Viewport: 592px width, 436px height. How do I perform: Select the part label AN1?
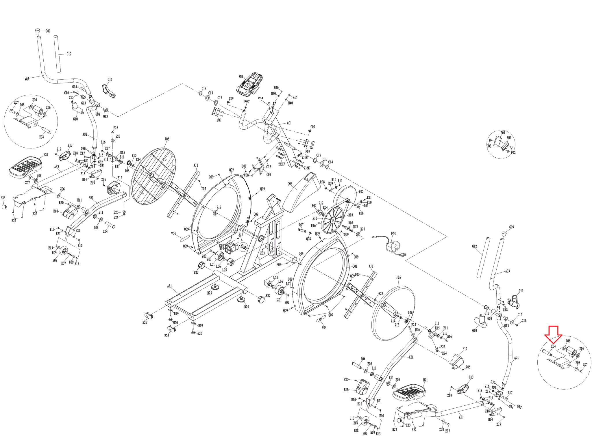click(241, 77)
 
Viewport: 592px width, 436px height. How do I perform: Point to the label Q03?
click(290, 184)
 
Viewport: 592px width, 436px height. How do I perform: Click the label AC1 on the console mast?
click(289, 123)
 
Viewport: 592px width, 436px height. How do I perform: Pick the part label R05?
click(361, 191)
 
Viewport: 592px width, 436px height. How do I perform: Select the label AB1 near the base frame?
click(169, 286)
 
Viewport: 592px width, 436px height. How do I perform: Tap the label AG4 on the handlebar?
click(27, 79)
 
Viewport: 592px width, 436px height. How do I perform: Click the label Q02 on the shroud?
click(231, 170)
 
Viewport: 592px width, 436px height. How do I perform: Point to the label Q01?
click(355, 266)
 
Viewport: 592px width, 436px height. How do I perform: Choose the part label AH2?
click(57, 167)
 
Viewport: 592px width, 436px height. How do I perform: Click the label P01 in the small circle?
click(503, 133)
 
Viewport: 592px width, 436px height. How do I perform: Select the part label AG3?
click(507, 271)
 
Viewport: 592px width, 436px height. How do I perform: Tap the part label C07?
click(269, 174)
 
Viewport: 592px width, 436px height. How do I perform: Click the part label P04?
click(260, 98)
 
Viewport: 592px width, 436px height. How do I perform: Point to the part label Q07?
click(301, 225)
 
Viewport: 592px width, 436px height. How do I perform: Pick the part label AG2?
click(85, 134)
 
